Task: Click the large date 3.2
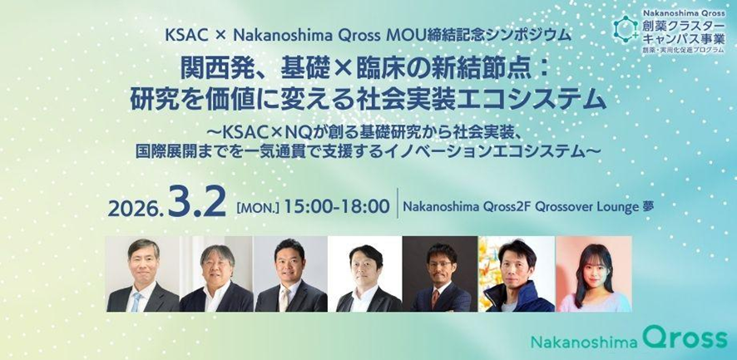click(x=196, y=203)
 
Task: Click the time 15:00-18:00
click(x=337, y=207)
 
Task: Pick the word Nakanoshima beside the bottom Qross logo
click(x=584, y=342)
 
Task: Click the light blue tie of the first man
click(x=136, y=302)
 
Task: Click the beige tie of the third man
click(x=284, y=299)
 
